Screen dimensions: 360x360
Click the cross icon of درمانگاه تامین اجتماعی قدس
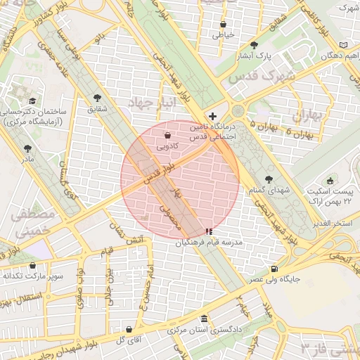pyautogui.click(x=213, y=115)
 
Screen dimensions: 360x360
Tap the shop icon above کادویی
pyautogui.click(x=167, y=136)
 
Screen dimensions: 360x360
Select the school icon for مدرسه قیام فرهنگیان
pyautogui.click(x=208, y=231)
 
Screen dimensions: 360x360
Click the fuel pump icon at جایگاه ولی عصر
pyautogui.click(x=274, y=269)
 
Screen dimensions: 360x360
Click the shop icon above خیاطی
pyautogui.click(x=223, y=23)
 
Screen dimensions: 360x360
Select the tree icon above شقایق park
pyautogui.click(x=97, y=98)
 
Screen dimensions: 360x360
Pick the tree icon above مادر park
pyautogui.click(x=27, y=148)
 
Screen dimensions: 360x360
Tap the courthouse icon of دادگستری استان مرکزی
pyautogui.click(x=204, y=318)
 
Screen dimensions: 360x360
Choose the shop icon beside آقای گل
pyautogui.click(x=128, y=329)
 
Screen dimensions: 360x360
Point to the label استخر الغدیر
pyautogui.click(x=332, y=223)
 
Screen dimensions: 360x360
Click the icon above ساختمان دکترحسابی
pyautogui.click(x=32, y=101)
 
